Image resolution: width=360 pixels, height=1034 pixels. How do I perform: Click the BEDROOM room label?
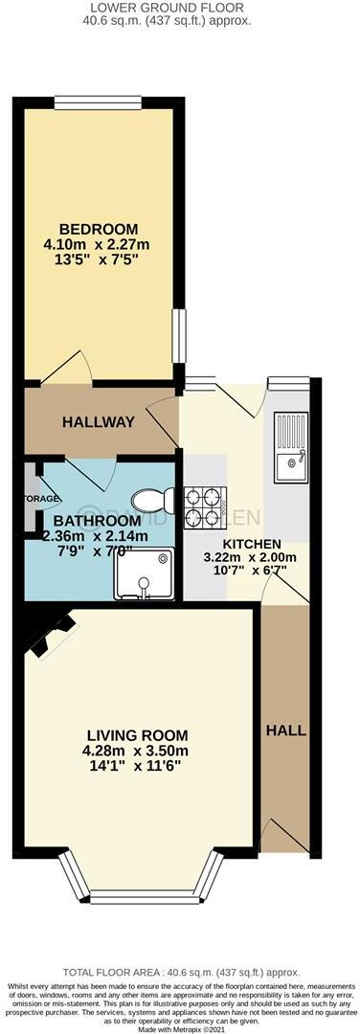(99, 229)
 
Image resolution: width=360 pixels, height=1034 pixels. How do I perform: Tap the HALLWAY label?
(99, 421)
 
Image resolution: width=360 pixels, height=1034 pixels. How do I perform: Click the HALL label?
(285, 730)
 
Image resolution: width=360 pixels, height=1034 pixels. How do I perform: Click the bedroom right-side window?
(176, 336)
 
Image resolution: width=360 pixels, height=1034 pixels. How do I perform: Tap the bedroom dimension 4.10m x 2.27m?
(99, 246)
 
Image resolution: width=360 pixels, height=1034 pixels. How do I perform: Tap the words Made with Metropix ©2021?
(180, 1025)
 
